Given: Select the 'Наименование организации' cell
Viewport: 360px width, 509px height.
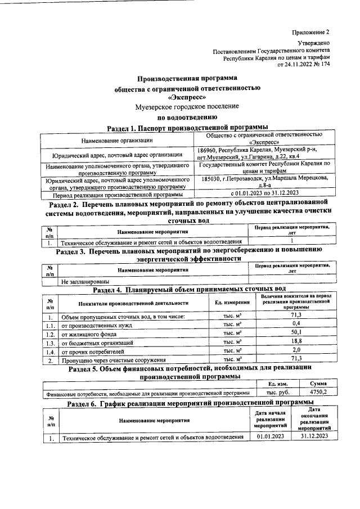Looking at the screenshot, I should (116, 140).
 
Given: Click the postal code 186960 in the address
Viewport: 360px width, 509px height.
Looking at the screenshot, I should (209, 149).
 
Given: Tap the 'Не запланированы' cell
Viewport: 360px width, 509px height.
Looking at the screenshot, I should (85, 281).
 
